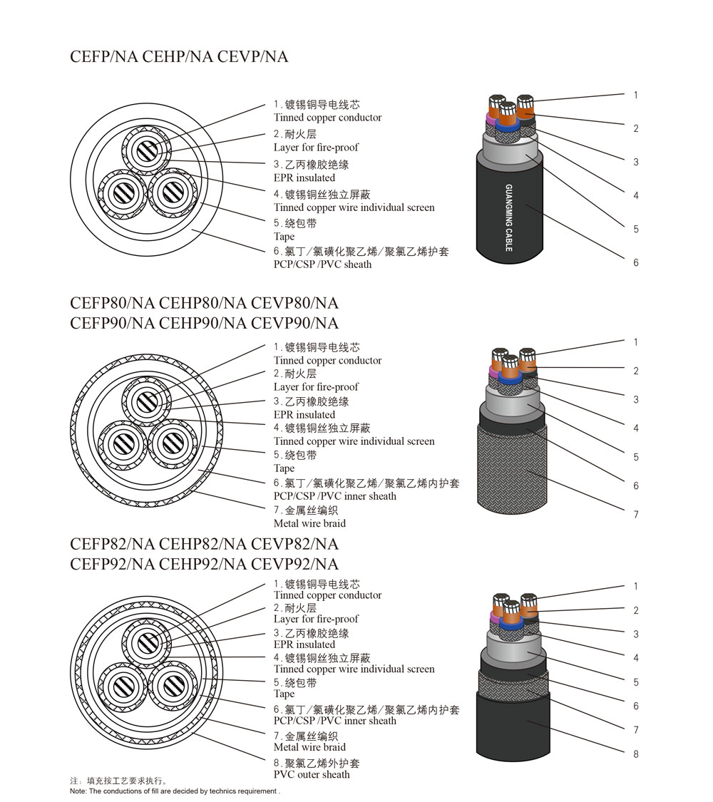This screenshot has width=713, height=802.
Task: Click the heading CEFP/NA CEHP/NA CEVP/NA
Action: tap(179, 56)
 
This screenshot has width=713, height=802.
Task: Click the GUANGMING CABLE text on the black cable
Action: tap(509, 218)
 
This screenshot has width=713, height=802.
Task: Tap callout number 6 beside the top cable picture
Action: tap(636, 262)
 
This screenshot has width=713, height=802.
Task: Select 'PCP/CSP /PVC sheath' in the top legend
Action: tap(323, 264)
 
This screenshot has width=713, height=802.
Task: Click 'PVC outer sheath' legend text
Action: tap(312, 774)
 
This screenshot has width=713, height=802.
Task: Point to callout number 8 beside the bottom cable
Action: tap(636, 754)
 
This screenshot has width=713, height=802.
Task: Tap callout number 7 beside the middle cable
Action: tap(636, 515)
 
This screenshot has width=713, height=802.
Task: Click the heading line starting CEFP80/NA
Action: tap(204, 303)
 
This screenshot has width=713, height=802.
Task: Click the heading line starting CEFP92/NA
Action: tap(204, 564)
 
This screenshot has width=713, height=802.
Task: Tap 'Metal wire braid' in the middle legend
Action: tap(310, 523)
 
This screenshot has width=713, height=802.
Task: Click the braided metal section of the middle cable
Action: tap(513, 470)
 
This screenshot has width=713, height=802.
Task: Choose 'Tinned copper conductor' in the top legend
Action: tap(328, 118)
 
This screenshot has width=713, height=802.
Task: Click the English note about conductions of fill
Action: tap(175, 791)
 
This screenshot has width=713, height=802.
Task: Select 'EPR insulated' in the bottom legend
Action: tap(304, 644)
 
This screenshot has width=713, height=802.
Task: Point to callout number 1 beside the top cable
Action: tap(636, 95)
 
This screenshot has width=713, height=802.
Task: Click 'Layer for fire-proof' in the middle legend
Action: tap(316, 386)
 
